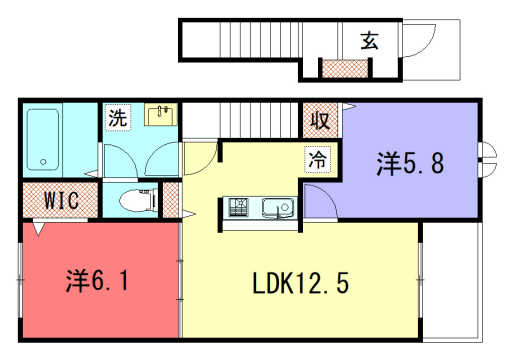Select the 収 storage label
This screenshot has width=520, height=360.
[x=320, y=121]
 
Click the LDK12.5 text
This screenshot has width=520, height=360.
[x=300, y=283]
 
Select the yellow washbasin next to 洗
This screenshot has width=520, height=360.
[x=161, y=115]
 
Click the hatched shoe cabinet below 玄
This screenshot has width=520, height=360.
[x=343, y=69]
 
